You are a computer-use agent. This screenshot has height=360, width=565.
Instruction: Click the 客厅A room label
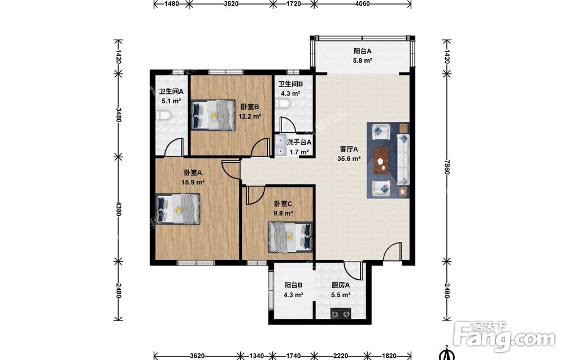[349, 149]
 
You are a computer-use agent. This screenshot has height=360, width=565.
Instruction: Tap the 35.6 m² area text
[349, 159]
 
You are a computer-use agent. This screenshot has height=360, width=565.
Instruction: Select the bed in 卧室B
[213, 115]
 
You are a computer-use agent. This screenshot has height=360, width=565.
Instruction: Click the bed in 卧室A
[178, 209]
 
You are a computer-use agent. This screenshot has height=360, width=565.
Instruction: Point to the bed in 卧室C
[290, 237]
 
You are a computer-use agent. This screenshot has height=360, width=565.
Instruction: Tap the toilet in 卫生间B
[283, 104]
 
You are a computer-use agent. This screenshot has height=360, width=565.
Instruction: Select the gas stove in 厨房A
[341, 314]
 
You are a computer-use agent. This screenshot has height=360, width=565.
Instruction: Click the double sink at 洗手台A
[280, 145]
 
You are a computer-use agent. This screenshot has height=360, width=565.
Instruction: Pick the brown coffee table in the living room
[382, 161]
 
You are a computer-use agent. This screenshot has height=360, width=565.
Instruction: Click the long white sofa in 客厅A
[403, 159]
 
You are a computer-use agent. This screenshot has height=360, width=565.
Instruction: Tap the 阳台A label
[363, 51]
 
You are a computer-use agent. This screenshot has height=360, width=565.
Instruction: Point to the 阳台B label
[293, 285]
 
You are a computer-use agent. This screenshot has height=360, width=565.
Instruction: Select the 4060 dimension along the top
[363, 4]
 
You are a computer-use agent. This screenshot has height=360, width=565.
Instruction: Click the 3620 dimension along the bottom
[197, 356]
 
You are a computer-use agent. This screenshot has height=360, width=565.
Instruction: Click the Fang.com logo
[504, 336]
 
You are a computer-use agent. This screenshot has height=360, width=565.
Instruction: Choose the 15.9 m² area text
[193, 183]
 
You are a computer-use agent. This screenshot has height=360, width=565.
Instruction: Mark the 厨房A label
[341, 285]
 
